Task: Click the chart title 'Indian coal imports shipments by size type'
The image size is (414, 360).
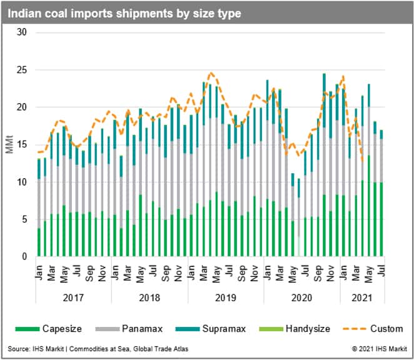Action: coord(123,12)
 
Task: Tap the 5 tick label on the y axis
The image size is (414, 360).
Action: coord(24,220)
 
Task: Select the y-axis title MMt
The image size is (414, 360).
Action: coord(9,144)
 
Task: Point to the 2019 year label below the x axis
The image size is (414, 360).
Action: coord(226,299)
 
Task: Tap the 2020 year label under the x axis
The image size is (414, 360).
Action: coord(302,299)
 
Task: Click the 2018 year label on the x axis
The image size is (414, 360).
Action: coord(149,299)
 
